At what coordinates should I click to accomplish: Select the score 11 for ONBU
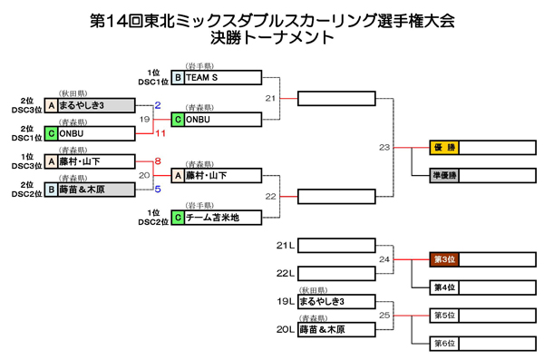161,133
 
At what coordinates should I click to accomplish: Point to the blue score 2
158,106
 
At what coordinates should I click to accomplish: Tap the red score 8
158,161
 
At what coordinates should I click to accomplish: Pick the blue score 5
158,189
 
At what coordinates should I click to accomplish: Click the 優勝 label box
444,147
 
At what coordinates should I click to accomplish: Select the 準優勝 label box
444,174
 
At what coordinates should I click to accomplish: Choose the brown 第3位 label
444,259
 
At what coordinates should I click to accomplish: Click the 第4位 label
444,287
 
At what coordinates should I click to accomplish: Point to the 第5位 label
444,315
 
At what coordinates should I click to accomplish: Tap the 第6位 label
444,343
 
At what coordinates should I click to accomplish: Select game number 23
384,147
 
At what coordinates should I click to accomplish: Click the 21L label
285,245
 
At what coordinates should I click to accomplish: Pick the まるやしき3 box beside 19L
335,301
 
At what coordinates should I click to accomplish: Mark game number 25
384,315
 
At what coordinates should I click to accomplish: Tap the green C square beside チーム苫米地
179,217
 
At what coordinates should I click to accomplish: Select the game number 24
384,259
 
